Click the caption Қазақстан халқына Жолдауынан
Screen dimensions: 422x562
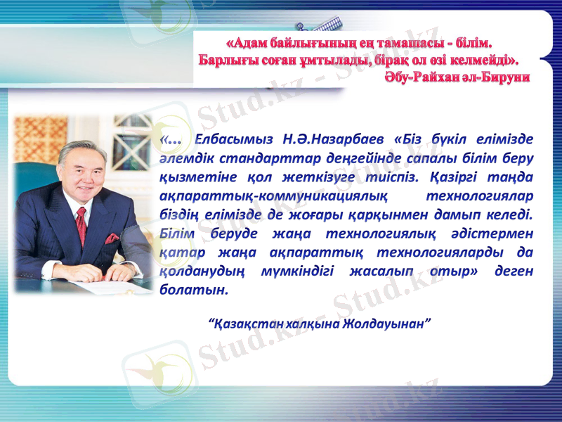pos(320,324)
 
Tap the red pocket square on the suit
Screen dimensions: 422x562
pos(111,238)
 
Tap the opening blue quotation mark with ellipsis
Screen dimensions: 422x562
pos(171,139)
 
